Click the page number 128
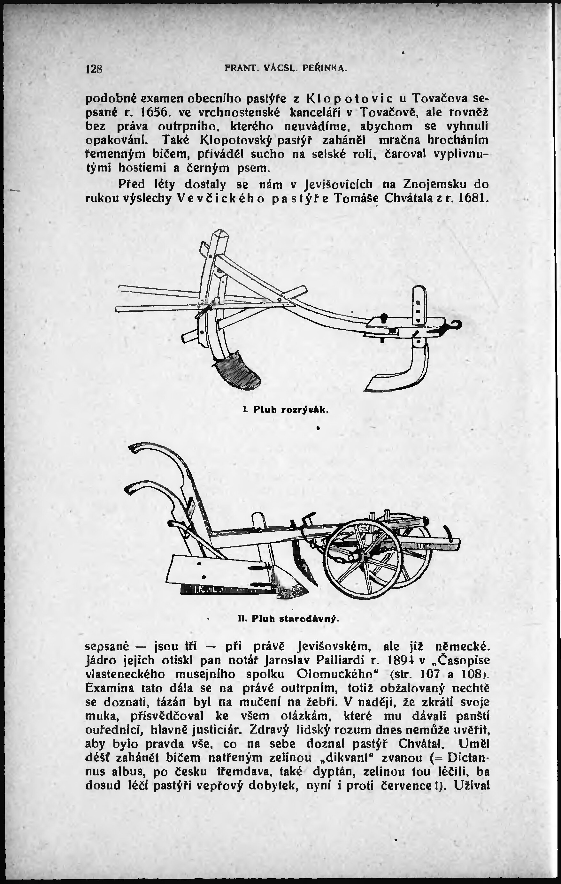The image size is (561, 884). pyautogui.click(x=94, y=69)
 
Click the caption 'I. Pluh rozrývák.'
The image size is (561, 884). pyautogui.click(x=285, y=410)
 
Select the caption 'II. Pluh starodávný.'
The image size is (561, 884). pyautogui.click(x=288, y=619)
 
